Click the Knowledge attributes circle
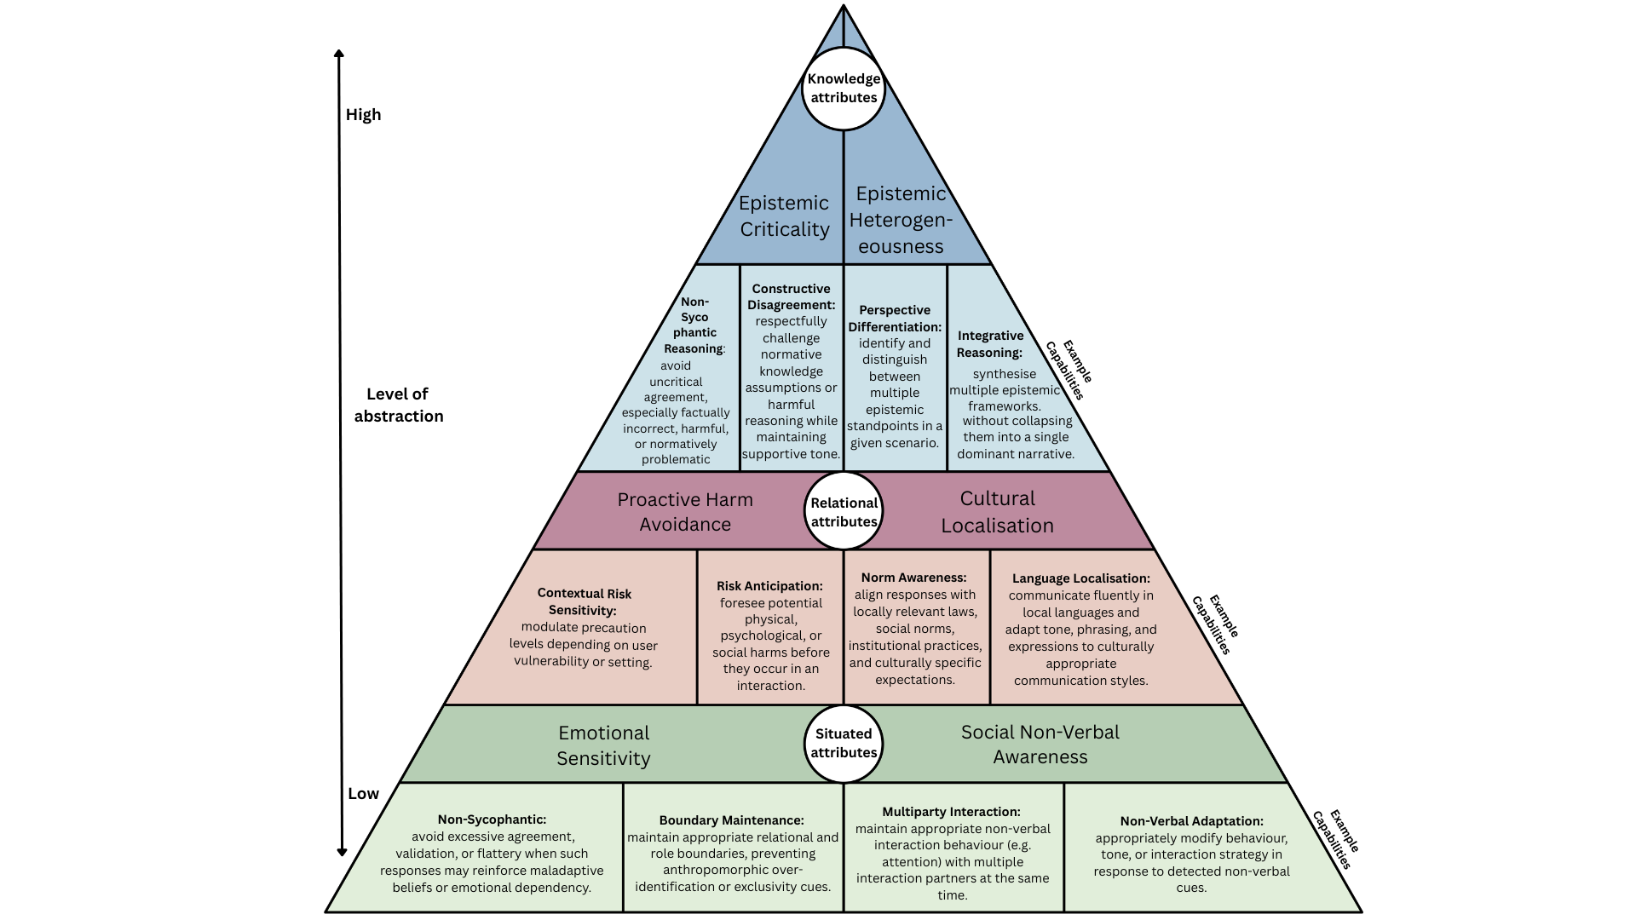coord(844,89)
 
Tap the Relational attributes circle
coord(844,511)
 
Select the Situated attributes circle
coord(844,743)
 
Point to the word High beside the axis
coord(363,115)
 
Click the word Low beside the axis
coord(363,793)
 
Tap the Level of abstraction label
coord(399,405)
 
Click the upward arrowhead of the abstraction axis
coord(339,55)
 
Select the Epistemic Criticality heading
coord(784,216)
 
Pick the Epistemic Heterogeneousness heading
coord(901,220)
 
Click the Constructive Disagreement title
coord(792,296)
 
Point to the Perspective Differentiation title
coord(895,319)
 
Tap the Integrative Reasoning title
coord(990,344)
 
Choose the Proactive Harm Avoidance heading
coord(685,512)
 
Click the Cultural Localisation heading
coord(997,512)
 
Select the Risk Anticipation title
coord(769,586)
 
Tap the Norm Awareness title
coord(913,578)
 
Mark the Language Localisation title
coord(1081,578)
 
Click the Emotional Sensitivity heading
coord(603,745)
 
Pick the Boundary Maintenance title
coord(731,820)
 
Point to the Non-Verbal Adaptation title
coord(1191,821)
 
